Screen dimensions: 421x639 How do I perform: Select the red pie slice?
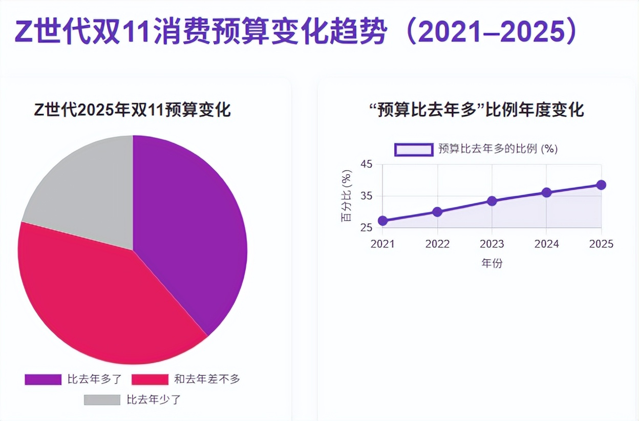[x=102, y=292]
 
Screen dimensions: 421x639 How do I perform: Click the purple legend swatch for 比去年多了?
[x=43, y=380]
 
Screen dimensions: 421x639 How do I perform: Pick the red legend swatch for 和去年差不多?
[x=150, y=380]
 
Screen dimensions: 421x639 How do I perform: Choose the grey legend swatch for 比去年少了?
[x=102, y=400]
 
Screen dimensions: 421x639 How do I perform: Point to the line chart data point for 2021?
[x=382, y=221]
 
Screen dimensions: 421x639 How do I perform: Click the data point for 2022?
[x=437, y=212]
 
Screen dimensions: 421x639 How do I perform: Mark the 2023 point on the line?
[x=492, y=201]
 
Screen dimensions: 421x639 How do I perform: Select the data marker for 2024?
[x=546, y=193]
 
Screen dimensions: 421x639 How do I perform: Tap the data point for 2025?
[x=601, y=185]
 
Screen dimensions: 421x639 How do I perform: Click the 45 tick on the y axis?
[x=366, y=164]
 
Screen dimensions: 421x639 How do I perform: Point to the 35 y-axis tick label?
[x=366, y=196]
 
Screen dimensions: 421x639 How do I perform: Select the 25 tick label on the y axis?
[x=366, y=228]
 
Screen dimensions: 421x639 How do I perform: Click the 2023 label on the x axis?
[x=492, y=244]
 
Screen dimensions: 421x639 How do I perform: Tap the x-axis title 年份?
[x=492, y=264]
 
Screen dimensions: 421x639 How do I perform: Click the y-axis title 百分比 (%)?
[x=347, y=196]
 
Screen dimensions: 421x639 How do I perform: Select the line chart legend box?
[x=414, y=149]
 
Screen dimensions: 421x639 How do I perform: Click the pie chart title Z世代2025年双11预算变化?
[x=133, y=110]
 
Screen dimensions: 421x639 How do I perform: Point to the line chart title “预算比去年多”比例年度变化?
[x=476, y=110]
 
